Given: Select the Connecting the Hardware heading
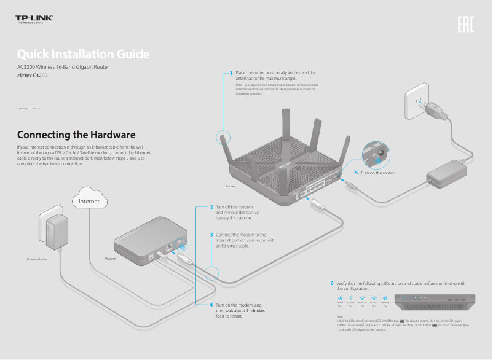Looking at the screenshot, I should tap(76, 135).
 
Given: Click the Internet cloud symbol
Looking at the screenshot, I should tap(90, 200).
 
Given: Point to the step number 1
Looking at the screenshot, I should tap(231, 72).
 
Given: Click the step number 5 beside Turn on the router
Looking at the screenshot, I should tap(357, 173).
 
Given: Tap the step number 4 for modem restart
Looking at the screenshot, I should tap(211, 305).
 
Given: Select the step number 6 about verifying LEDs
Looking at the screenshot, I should tap(332, 283).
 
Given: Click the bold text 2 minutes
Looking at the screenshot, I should tap(255, 310).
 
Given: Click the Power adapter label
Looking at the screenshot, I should tap(37, 259).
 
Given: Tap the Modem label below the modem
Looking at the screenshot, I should tap(110, 259).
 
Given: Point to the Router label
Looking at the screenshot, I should tap(231, 186).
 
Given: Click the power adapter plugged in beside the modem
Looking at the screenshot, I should tap(53, 230).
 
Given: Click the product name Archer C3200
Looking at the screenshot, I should tap(31, 76).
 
